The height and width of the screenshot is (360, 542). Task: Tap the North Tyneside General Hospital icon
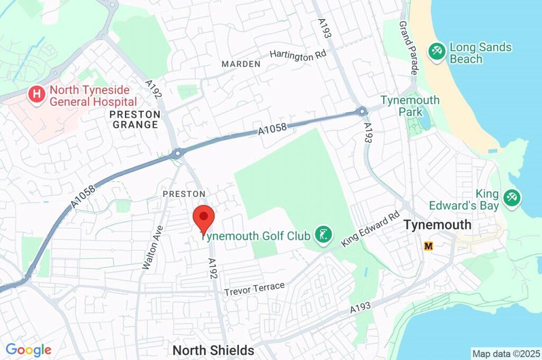click(37, 95)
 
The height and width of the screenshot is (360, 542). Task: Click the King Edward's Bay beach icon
click(511, 199)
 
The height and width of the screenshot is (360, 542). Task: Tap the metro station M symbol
click(429, 246)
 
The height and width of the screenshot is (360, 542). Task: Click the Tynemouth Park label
click(410, 106)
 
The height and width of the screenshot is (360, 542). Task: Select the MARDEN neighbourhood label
click(241, 64)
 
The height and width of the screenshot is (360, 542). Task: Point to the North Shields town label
click(213, 350)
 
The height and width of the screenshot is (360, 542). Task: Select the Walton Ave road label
click(152, 247)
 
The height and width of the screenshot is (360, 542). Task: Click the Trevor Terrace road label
click(254, 289)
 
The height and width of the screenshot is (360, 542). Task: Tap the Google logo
click(29, 350)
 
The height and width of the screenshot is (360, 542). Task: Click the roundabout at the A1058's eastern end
click(362, 112)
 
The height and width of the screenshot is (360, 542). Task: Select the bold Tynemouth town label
click(437, 224)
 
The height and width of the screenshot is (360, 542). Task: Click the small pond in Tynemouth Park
click(424, 121)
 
